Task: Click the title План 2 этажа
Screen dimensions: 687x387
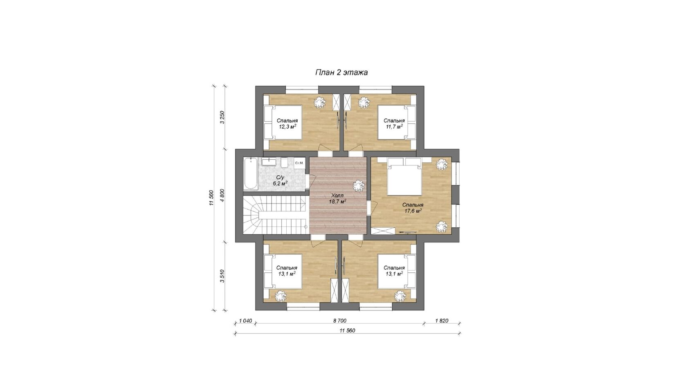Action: [341, 72]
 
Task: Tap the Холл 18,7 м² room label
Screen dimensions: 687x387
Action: [337, 199]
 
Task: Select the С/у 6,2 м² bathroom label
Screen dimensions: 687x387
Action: [280, 181]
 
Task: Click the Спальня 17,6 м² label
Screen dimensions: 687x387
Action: [413, 208]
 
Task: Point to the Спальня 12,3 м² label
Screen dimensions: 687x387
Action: [287, 124]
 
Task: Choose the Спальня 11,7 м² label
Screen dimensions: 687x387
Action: [394, 124]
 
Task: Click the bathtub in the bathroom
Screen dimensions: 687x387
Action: [251, 174]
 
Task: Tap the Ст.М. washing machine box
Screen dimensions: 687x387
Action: [299, 163]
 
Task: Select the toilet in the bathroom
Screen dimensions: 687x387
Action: [284, 163]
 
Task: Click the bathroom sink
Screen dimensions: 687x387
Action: [269, 162]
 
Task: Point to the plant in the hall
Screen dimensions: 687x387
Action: [359, 186]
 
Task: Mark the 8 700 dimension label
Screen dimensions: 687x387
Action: [340, 321]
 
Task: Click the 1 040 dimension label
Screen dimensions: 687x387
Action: [245, 321]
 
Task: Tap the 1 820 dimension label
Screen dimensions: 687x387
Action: [442, 321]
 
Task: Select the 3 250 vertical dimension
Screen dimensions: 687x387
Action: [222, 117]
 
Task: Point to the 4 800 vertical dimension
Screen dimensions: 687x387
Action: [222, 195]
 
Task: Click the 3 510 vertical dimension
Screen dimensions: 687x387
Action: [222, 276]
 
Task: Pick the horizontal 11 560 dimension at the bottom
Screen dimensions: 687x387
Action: [347, 330]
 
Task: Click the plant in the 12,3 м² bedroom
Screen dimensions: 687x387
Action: [320, 102]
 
